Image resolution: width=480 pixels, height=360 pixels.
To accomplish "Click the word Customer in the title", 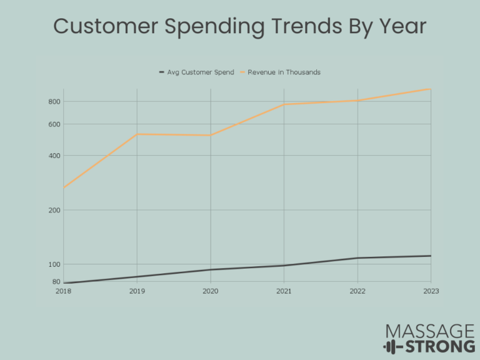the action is point(106,26).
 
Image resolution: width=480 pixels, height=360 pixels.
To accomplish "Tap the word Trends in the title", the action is point(307,26).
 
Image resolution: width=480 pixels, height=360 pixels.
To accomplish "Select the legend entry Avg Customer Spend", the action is point(196,72).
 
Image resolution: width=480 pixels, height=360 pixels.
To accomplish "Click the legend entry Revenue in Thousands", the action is point(280,72).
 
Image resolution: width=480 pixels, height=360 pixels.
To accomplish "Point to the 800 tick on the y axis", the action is point(54,102).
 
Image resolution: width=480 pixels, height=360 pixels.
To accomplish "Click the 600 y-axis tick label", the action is point(54,124).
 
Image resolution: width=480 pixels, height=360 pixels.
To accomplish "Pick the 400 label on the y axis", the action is point(54,156).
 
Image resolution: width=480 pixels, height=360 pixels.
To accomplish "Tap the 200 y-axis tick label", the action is point(54,210).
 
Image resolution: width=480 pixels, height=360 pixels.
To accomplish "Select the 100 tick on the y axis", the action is point(54,264).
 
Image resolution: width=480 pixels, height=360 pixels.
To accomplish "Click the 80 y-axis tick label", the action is point(56,282).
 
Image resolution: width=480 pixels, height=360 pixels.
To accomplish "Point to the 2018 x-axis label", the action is point(63,291).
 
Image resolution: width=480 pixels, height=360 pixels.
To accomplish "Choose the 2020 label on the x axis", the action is point(210,291).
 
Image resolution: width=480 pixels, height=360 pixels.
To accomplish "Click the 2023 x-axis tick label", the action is point(431,291).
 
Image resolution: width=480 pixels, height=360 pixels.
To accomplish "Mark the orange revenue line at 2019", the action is point(137,134).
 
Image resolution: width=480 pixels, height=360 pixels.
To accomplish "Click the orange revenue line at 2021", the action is point(284,104).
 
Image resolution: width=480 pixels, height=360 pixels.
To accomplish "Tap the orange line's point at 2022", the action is point(357,101).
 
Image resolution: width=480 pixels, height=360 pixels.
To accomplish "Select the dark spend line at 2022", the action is point(357,258).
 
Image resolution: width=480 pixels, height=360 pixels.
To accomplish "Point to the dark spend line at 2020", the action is point(211,270).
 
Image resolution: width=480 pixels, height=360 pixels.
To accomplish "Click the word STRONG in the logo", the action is point(440,347).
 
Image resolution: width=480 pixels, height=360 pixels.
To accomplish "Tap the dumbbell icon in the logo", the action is point(392,347).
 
